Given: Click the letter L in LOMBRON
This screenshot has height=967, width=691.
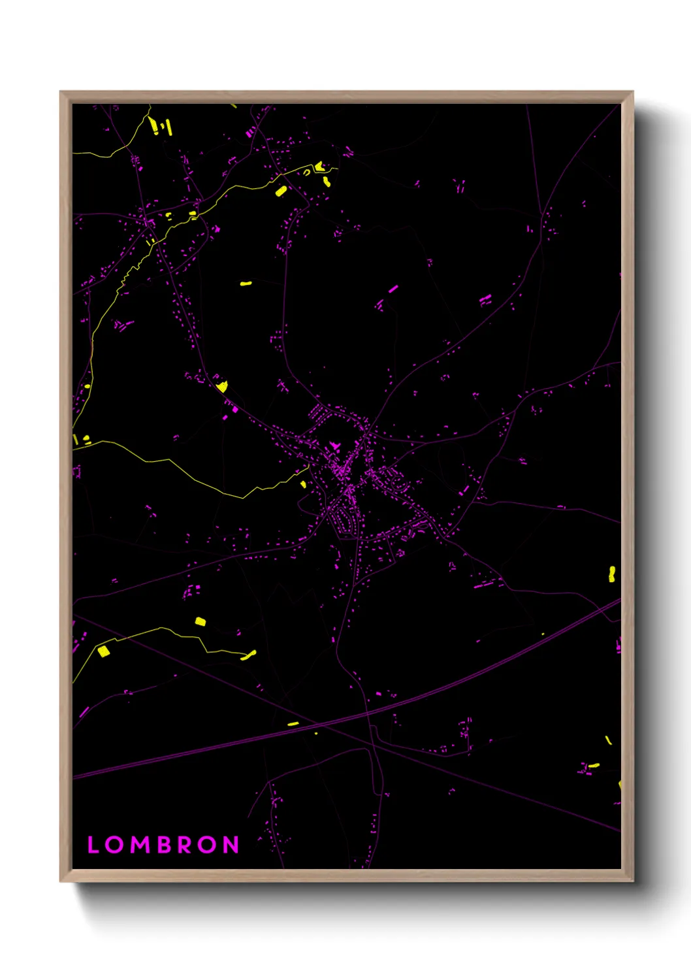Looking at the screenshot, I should (x=93, y=845).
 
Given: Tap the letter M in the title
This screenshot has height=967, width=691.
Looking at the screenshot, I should (x=141, y=845).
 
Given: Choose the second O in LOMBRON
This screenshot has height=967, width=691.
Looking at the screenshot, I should (x=208, y=845).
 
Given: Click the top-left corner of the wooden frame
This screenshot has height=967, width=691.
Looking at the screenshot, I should (x=61, y=92).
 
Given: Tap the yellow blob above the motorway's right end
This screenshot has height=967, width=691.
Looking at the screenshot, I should (x=612, y=574).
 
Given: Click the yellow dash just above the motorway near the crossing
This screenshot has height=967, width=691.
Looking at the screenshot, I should (x=293, y=724).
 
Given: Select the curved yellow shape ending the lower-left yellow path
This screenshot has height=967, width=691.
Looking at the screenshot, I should (x=249, y=655).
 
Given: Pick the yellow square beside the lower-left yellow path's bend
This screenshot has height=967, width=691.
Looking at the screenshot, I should (x=103, y=651).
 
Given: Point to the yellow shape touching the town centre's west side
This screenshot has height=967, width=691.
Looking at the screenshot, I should (x=303, y=484).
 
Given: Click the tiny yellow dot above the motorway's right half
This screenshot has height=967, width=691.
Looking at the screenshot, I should (x=543, y=634).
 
